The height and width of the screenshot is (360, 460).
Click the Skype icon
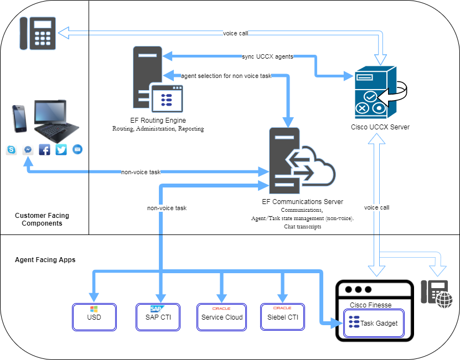click(11, 149)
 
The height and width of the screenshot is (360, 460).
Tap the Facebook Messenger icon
click(28, 149)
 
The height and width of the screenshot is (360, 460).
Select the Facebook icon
click(45, 149)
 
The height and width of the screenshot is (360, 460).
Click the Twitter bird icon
click(61, 149)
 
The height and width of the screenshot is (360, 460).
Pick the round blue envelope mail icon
click(77, 149)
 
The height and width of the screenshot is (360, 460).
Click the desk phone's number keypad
click(43, 37)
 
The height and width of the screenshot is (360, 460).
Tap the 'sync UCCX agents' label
click(267, 56)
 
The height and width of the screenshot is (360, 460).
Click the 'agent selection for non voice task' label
click(226, 76)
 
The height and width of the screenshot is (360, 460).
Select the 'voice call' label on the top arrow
click(235, 33)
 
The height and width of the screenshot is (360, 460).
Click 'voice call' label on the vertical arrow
click(376, 208)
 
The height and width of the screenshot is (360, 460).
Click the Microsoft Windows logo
click(94, 309)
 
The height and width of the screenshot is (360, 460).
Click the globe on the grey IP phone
click(444, 300)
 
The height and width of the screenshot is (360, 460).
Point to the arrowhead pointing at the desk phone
click(64, 33)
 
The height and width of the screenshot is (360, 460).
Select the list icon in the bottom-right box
click(354, 322)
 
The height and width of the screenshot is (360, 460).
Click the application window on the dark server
click(167, 98)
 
